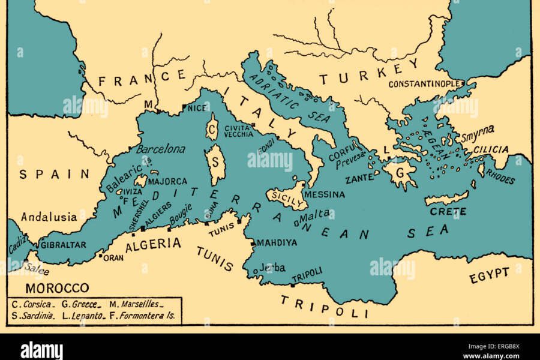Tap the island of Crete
click(x=446, y=197)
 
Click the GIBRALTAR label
click(x=64, y=245)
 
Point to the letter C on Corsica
click(x=212, y=129)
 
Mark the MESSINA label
click(x=325, y=194)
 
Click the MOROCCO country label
click(x=58, y=287)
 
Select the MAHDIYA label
click(x=277, y=243)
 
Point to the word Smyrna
click(x=478, y=130)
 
